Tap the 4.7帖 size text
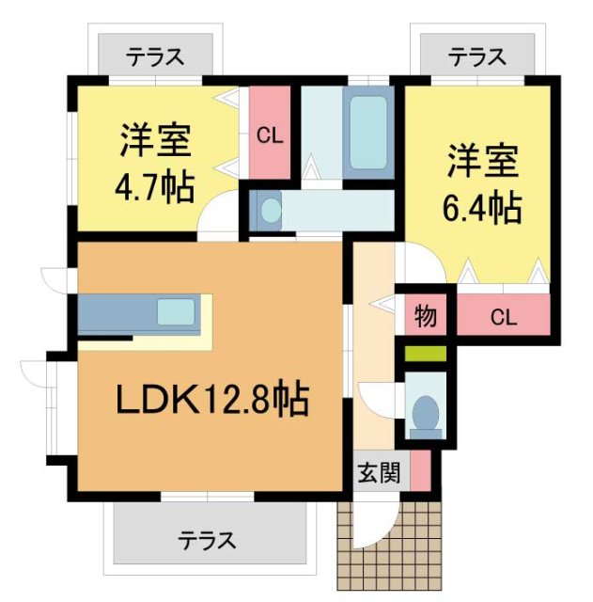155,188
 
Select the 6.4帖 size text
481,208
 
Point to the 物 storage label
426,317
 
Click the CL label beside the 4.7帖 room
270,135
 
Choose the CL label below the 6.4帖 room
503,317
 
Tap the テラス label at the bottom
208,541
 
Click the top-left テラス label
155,57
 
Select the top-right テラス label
476,57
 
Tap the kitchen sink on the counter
177,311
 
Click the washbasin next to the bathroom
270,210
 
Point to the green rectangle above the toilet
426,355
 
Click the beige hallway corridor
374,339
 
